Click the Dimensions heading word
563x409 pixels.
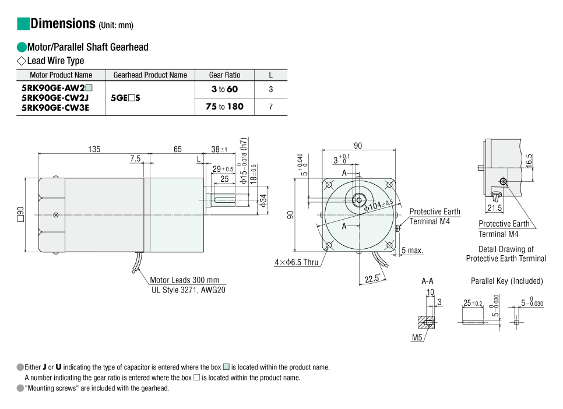pyautogui.click(x=63, y=24)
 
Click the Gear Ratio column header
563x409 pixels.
pyautogui.click(x=224, y=75)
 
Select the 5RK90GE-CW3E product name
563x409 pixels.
pyautogui.click(x=55, y=108)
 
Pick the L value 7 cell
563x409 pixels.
pyautogui.click(x=270, y=107)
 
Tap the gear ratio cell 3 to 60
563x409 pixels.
pyautogui.click(x=224, y=90)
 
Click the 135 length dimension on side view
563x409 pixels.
pyautogui.click(x=94, y=149)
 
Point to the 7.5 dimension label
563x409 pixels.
pyautogui.click(x=135, y=158)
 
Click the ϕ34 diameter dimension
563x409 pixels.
pyautogui.click(x=263, y=201)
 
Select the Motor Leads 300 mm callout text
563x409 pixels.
pyautogui.click(x=185, y=280)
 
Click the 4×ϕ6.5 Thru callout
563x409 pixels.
pyautogui.click(x=297, y=262)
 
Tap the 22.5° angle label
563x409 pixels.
pyautogui.click(x=373, y=278)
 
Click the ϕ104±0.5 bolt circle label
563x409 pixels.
pyautogui.click(x=379, y=204)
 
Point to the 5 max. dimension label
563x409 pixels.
pyautogui.click(x=413, y=251)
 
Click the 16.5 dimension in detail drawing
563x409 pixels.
pyautogui.click(x=528, y=159)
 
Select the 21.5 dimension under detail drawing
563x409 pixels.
pyautogui.click(x=494, y=208)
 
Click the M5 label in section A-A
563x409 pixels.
pyautogui.click(x=417, y=338)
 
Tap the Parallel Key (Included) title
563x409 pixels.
pyautogui.click(x=506, y=281)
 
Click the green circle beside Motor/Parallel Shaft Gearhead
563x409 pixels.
pyautogui.click(x=22, y=47)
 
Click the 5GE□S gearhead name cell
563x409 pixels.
pyautogui.click(x=125, y=98)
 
